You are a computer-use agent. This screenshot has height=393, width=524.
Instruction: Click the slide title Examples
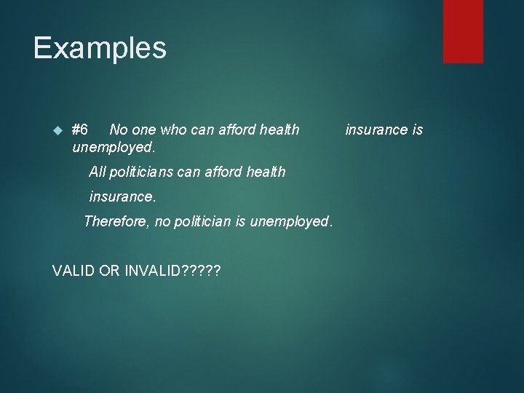(x=100, y=48)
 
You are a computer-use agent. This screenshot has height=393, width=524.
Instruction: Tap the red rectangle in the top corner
(x=463, y=31)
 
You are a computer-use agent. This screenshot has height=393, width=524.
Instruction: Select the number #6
(x=80, y=130)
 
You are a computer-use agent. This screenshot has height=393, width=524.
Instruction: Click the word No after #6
(x=118, y=130)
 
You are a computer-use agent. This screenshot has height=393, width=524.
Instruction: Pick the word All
(x=97, y=172)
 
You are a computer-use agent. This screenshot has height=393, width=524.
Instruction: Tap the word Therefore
(x=116, y=221)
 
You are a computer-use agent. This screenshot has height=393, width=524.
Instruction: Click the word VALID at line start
(x=74, y=271)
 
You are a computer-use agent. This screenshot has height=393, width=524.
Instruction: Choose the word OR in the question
(x=111, y=271)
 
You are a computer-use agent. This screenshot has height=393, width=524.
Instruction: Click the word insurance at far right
(x=376, y=130)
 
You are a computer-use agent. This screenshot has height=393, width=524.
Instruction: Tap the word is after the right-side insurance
(x=417, y=130)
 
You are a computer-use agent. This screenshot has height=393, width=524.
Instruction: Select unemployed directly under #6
(x=114, y=148)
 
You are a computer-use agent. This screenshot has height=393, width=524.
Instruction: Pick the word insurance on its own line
(x=122, y=197)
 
